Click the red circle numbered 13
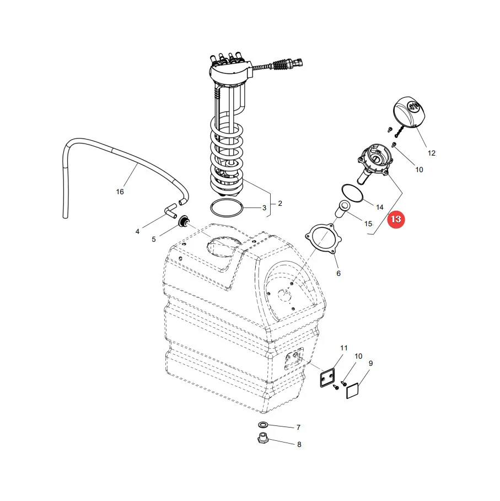396,220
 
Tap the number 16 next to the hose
120,191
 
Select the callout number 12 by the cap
431,153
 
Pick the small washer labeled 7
262,425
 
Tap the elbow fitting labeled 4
171,211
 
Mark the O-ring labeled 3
227,208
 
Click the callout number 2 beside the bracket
279,204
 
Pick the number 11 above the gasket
343,348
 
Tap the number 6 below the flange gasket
338,273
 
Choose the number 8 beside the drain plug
299,445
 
